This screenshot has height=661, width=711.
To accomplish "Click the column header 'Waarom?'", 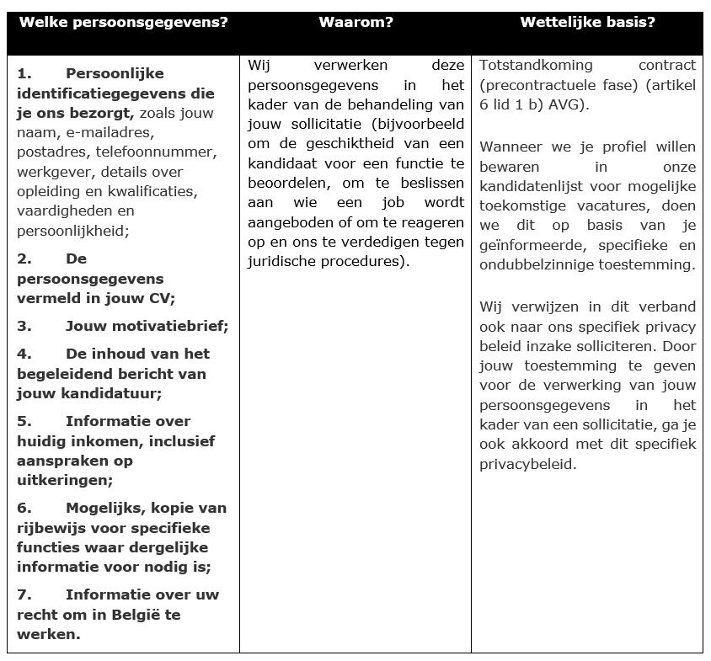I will (355, 23).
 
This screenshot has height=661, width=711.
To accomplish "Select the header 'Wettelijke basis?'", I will (587, 23).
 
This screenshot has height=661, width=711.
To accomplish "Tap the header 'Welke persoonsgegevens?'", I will (123, 23).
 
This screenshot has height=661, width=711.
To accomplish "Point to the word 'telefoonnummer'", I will (155, 152).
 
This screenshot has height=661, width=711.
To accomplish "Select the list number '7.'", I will (24, 594).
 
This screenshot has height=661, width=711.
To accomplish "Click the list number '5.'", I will (24, 421).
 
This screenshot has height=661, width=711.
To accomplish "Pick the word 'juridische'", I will (282, 261).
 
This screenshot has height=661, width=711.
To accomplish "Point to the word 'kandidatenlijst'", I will (531, 186).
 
